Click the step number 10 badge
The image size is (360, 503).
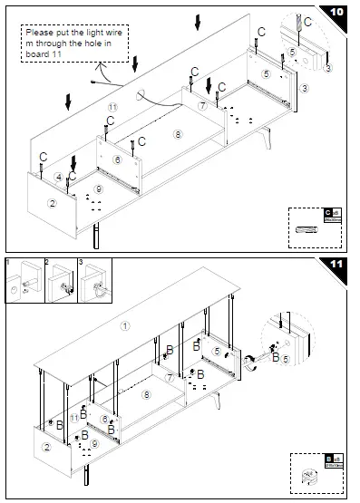pyautogui.click(x=336, y=13)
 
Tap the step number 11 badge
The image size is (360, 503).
pyautogui.click(x=336, y=264)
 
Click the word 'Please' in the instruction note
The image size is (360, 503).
pyautogui.click(x=42, y=33)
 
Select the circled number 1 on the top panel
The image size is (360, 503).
pyautogui.click(x=125, y=324)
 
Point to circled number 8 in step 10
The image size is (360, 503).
pyautogui.click(x=177, y=134)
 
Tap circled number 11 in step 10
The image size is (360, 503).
pyautogui.click(x=112, y=107)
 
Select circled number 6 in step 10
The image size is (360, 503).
pyautogui.click(x=117, y=159)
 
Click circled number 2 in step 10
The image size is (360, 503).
pyautogui.click(x=52, y=204)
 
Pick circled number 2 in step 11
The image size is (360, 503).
pyautogui.click(x=47, y=447)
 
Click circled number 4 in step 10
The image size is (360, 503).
pyautogui.click(x=58, y=177)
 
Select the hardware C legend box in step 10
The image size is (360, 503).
pyautogui.click(x=315, y=224)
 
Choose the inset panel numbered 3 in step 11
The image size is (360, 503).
pyautogui.click(x=95, y=284)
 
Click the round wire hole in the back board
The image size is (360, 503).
pyautogui.click(x=141, y=94)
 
